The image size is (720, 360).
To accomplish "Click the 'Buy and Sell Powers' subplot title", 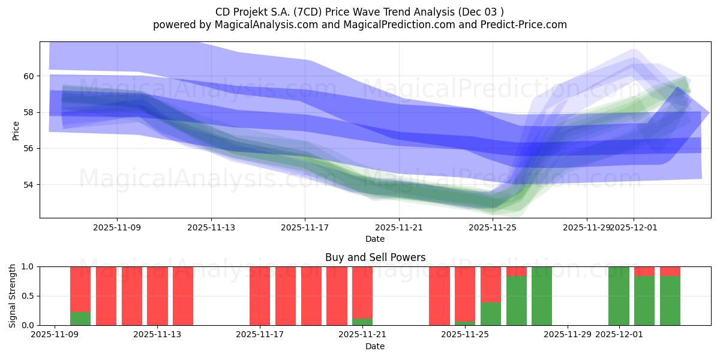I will [375, 257].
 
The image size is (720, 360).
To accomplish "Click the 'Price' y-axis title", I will [16, 130].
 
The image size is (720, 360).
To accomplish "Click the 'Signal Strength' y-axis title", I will [13, 296].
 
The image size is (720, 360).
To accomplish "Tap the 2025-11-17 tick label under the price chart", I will [305, 227].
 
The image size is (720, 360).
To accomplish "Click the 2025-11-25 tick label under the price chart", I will [493, 227].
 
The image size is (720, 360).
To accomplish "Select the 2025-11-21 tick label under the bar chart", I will [362, 335].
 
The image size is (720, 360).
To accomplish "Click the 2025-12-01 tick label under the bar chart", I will [619, 335].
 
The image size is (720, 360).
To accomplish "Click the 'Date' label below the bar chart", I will [375, 346].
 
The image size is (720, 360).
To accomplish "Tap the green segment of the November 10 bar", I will [80, 319].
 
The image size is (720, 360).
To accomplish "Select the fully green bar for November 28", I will [542, 296].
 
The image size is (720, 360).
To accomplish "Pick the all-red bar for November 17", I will [260, 296].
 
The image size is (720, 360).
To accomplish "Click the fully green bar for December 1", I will [619, 296].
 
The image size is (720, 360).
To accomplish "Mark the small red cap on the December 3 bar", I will [670, 271].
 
